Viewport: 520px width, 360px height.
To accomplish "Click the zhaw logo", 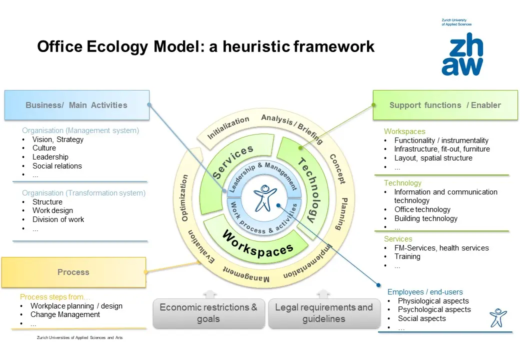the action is (x=462, y=53).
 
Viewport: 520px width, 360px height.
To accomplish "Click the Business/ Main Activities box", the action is (x=77, y=105).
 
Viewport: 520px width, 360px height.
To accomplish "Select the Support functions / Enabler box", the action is (x=445, y=105).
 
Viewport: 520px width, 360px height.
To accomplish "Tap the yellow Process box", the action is (x=73, y=272).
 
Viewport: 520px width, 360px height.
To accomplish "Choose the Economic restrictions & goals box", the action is (x=208, y=313).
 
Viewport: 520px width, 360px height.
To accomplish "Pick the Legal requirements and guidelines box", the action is (x=324, y=313).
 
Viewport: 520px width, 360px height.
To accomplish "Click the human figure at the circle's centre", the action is (x=264, y=198).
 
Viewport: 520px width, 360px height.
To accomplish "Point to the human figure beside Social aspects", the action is (x=498, y=317).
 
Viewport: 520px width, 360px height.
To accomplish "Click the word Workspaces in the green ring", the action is (x=257, y=245).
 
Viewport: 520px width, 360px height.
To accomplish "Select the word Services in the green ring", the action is (x=232, y=161).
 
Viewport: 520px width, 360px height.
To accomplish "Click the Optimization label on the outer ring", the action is (x=184, y=198).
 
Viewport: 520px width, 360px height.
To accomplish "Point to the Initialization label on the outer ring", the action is (x=228, y=127).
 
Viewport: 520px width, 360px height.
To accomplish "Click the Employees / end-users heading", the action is (x=425, y=292).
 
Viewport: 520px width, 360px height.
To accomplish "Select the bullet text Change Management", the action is (x=65, y=314).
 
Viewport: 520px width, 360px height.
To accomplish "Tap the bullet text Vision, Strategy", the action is (x=57, y=139).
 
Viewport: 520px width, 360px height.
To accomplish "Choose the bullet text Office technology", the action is (x=422, y=209).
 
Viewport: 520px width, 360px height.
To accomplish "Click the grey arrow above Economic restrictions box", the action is (x=210, y=294).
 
